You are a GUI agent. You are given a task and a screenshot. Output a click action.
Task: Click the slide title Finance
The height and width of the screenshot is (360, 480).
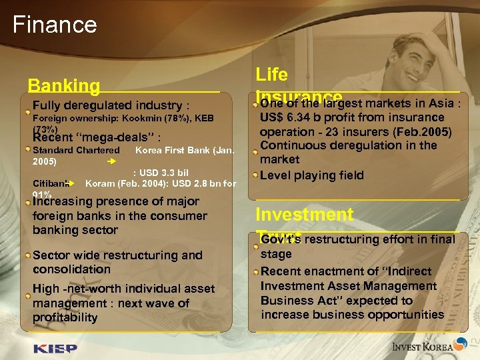(x=55, y=25)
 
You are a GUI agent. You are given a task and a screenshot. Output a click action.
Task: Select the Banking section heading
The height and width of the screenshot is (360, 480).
(x=64, y=86)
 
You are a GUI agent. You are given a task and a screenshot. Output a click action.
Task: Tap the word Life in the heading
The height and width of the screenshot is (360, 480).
(x=271, y=75)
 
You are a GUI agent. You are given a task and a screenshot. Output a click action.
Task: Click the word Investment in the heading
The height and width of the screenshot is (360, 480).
(x=305, y=215)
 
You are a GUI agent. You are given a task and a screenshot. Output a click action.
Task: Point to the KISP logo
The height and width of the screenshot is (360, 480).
(x=55, y=347)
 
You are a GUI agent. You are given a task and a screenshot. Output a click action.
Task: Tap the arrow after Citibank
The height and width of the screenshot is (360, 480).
(x=71, y=183)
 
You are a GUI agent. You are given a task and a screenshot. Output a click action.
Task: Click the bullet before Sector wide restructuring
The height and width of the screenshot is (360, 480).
(x=28, y=254)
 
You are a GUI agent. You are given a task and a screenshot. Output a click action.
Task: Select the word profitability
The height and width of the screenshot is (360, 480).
(x=65, y=318)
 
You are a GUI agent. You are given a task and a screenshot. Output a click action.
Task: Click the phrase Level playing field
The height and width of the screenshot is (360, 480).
(x=311, y=175)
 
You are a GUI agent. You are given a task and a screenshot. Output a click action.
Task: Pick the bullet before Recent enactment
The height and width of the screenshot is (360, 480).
(x=256, y=271)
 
